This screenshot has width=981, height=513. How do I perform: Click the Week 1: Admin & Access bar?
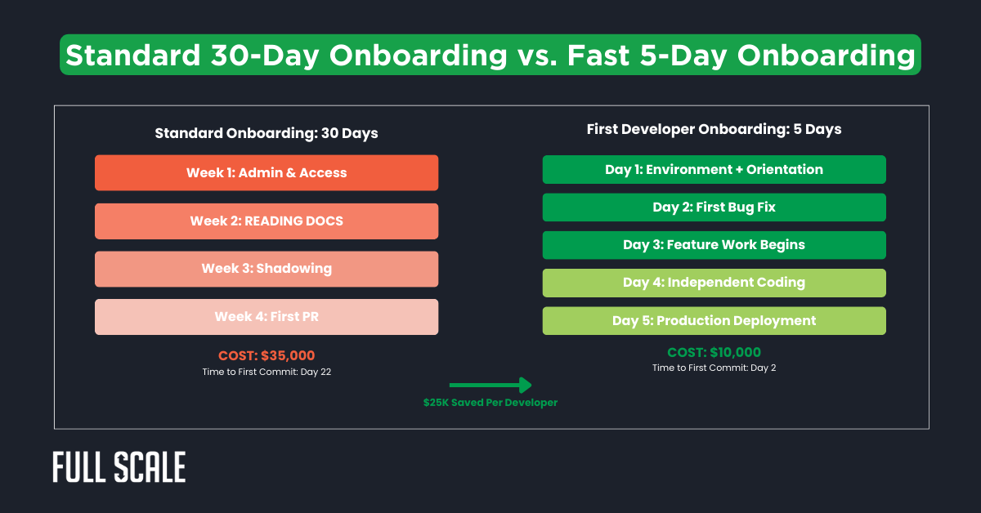[267, 172]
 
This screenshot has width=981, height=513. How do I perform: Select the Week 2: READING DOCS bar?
[267, 221]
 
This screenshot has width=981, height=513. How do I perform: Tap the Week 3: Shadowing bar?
[267, 269]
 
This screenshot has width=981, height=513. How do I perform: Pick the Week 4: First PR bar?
[267, 316]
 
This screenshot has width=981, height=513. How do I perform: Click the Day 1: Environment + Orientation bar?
[714, 169]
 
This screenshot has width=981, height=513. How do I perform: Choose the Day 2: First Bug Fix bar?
[714, 207]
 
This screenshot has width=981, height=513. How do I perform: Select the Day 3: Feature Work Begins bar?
[714, 244]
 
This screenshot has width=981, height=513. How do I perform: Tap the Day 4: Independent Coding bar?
[714, 283]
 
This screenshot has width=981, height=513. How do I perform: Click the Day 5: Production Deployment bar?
[714, 320]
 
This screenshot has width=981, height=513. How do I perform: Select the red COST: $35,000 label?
[267, 355]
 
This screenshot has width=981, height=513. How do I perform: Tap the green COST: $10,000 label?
[714, 352]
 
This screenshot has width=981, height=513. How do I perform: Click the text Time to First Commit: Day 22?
[267, 372]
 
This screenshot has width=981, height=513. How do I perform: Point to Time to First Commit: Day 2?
[714, 368]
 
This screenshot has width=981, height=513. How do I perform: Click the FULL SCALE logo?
[119, 467]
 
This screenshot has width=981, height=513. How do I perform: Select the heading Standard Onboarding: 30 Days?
[267, 132]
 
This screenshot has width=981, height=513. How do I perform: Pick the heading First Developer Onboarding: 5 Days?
[714, 129]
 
